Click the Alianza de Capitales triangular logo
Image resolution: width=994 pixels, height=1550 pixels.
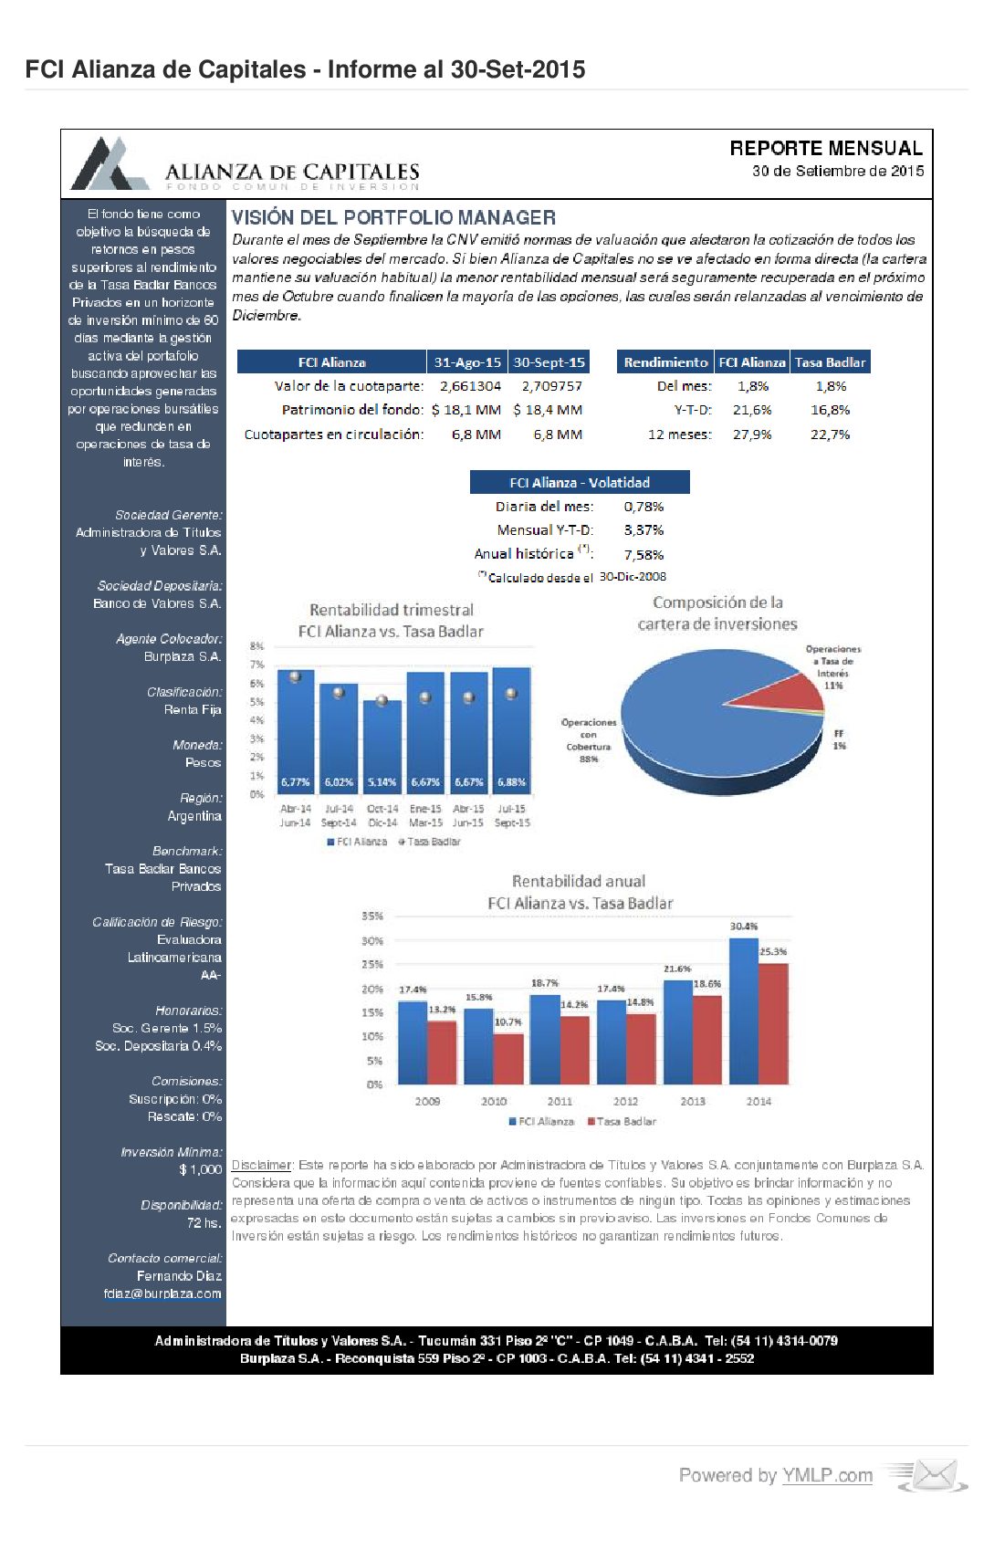tap(110, 164)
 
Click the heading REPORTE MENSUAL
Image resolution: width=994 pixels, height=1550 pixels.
tap(825, 148)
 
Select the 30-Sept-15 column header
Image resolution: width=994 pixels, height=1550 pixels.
tap(549, 362)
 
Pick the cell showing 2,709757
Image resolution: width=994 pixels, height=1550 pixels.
tap(551, 386)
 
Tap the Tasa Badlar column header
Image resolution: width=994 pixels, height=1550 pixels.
tap(830, 362)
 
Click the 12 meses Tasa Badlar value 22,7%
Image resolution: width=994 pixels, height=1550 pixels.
tap(830, 435)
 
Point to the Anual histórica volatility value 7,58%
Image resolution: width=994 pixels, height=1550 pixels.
tap(643, 555)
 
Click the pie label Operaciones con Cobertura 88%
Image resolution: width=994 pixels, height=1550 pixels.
tap(589, 740)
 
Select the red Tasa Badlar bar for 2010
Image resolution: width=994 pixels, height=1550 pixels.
tap(508, 1059)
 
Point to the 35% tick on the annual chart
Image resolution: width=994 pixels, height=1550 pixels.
tap(372, 916)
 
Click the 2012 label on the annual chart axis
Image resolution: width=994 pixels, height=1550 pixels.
tap(625, 1101)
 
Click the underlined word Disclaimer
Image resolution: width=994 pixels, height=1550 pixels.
tap(261, 1165)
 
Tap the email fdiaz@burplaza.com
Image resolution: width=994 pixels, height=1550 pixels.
tap(162, 1293)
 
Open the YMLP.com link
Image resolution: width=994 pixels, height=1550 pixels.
tap(827, 1475)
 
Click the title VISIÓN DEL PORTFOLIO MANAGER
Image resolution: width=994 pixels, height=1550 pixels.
tap(393, 217)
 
